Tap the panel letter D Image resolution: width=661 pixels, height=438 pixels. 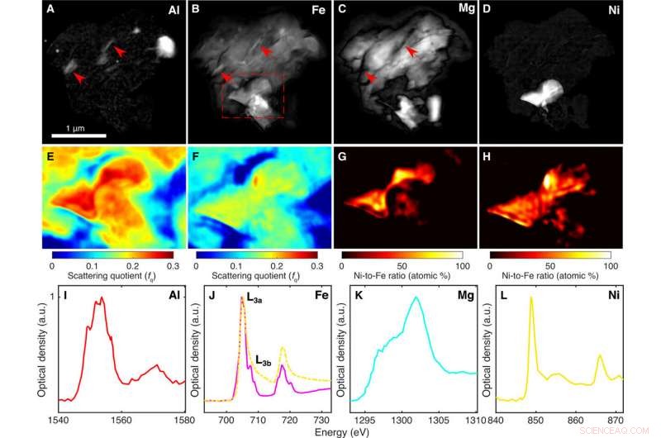point(487,10)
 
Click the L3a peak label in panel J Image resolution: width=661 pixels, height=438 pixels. point(264,302)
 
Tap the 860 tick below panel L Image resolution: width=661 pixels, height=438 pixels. point(573,421)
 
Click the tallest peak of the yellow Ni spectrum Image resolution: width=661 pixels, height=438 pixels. point(531,298)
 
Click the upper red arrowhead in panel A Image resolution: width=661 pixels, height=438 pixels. point(121,52)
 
